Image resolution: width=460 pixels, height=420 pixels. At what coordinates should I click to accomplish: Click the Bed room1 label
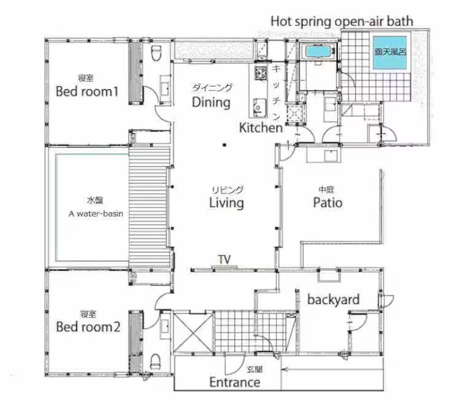tap(87, 91)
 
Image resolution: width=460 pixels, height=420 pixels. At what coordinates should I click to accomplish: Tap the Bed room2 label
tap(88, 327)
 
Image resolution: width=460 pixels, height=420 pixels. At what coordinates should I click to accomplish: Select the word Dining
tap(211, 102)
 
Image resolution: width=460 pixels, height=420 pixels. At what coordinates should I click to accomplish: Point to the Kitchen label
tap(261, 128)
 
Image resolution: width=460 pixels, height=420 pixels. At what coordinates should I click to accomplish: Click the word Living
tap(226, 203)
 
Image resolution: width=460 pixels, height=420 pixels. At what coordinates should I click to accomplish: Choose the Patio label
tap(328, 203)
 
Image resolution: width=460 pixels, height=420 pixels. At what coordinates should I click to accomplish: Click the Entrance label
tap(235, 382)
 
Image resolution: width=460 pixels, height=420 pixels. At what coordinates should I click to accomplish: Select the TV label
tap(224, 259)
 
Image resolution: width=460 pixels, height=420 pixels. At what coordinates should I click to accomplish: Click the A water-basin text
tap(95, 214)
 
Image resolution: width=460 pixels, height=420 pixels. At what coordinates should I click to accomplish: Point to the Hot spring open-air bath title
tap(342, 21)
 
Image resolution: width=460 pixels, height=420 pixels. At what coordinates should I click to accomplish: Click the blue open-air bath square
tap(390, 52)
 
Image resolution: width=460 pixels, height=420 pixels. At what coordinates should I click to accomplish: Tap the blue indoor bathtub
tap(318, 52)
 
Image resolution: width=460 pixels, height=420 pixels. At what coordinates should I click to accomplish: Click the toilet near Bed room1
tap(157, 53)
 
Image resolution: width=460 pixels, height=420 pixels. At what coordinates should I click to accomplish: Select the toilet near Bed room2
tap(155, 361)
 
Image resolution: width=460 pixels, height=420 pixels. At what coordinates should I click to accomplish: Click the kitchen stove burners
tap(261, 73)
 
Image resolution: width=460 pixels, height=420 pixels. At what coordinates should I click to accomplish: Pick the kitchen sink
tap(260, 108)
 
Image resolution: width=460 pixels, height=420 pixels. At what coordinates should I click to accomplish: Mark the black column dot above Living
tap(225, 145)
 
